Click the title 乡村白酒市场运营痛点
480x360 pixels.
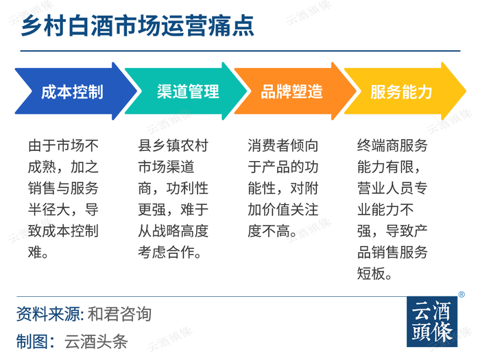[137, 26]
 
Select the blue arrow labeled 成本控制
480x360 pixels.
[75, 91]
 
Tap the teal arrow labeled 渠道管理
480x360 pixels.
[186, 91]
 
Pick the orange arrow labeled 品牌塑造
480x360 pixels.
[295, 91]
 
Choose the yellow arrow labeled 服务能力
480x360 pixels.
[405, 91]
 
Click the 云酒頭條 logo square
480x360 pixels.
[432, 322]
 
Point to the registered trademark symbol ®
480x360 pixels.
[461, 294]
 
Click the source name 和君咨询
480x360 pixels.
[119, 314]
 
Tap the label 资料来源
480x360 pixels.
[49, 314]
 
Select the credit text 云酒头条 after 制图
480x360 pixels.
[96, 341]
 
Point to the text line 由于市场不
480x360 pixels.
[63, 145]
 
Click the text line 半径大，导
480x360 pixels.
[63, 210]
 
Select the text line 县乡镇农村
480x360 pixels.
[173, 145]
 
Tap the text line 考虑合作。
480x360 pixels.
[169, 252]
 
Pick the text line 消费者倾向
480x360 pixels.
[283, 145]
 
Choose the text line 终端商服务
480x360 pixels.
[392, 145]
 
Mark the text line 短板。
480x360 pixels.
[374, 274]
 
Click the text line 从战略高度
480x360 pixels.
[173, 231]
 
